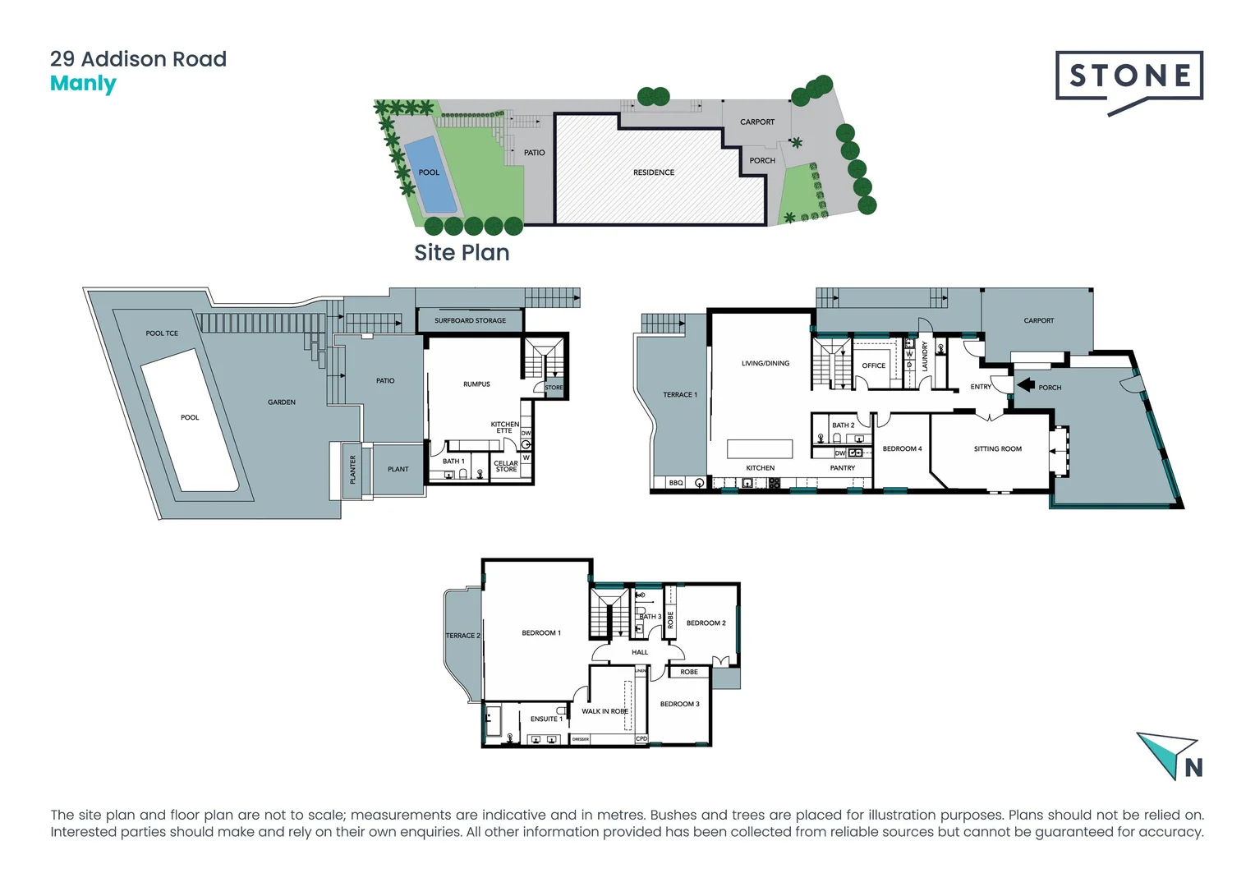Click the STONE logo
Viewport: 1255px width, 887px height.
coord(1129,77)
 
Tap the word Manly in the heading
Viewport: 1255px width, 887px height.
coord(83,84)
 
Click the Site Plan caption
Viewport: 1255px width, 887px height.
coord(462,253)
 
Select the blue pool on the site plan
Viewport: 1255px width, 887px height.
coord(430,173)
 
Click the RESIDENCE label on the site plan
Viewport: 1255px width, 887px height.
coord(654,172)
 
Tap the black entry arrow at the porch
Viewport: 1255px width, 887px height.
coord(1025,384)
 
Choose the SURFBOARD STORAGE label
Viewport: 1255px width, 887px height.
coord(470,320)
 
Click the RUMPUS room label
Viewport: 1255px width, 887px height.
coord(476,384)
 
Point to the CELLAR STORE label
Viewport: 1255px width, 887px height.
coord(506,466)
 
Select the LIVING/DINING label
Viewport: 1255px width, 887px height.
coord(765,363)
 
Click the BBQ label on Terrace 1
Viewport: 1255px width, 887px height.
coord(675,483)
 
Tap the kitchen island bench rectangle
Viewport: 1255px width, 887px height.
coord(760,448)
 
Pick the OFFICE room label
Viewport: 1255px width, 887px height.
coord(873,365)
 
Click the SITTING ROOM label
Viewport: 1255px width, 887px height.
coord(997,449)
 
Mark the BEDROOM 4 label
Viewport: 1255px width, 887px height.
coord(902,449)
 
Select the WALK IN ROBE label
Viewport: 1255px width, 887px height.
coord(605,711)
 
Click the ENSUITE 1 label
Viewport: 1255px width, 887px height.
coord(546,719)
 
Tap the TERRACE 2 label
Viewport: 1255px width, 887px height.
coord(462,636)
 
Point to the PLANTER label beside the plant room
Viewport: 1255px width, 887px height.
coord(353,470)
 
